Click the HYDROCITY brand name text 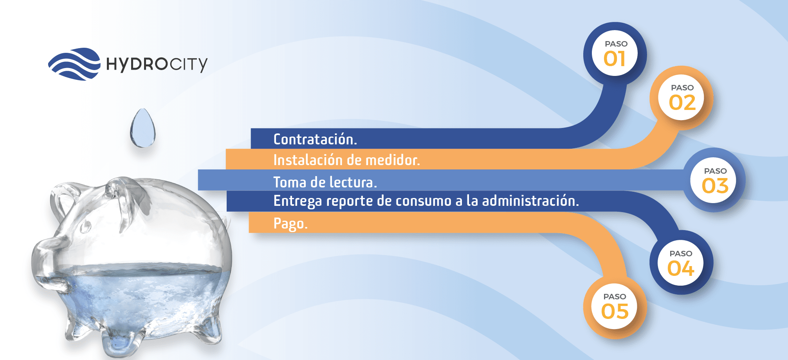coord(157,64)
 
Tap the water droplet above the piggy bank coord(143,128)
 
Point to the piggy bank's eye coord(85,226)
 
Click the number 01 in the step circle coord(615,59)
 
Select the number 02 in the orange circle coord(682,103)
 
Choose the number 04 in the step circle coord(681,269)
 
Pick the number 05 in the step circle coord(615,311)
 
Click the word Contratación coord(315,139)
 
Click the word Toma coord(290,182)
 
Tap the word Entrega coord(298,202)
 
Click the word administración coord(530,201)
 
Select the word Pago coord(290,224)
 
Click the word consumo coord(424,201)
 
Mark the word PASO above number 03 coord(715,171)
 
